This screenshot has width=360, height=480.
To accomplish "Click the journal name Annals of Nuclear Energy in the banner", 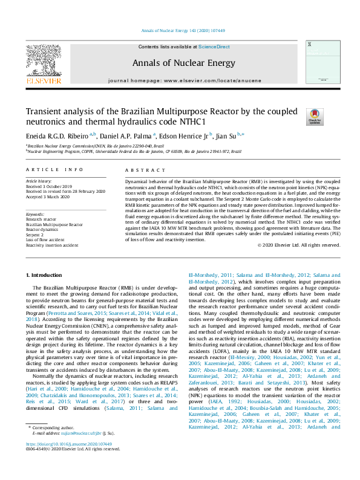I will (x=180, y=62).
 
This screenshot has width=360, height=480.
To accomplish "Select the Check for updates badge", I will (x=315, y=116).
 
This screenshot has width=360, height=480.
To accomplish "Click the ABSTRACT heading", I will (x=137, y=170).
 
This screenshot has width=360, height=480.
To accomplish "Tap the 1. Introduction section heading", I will (x=45, y=275).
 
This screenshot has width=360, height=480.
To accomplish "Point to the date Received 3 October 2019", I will (x=50, y=187).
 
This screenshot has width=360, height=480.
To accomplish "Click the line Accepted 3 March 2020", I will (x=48, y=197).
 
